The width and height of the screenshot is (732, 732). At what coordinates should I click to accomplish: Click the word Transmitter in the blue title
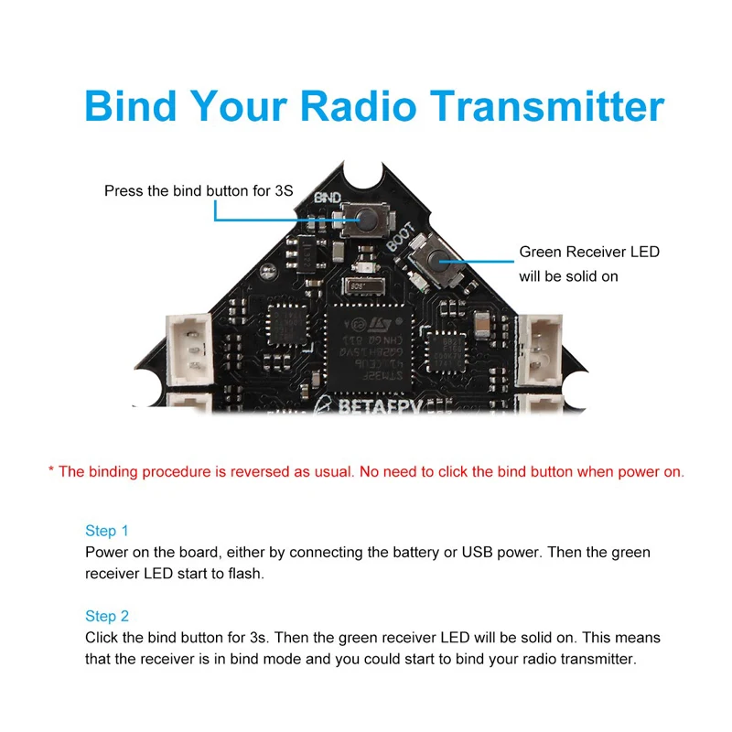point(546,106)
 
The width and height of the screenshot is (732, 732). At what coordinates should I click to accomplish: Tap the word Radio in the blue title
point(358,106)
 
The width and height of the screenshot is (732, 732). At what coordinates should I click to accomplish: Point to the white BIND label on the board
point(328,198)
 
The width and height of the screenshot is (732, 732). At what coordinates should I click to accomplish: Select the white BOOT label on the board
point(401,236)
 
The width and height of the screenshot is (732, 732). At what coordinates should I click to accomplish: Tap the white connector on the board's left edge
point(189,350)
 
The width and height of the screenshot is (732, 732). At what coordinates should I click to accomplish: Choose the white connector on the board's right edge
point(539,350)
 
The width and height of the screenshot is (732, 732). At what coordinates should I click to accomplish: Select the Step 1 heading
point(106,531)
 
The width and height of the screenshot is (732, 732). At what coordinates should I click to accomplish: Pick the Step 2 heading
point(106,616)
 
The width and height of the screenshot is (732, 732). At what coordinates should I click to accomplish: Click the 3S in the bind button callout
point(284,191)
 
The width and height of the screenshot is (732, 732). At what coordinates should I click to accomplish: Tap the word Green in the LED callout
point(540,253)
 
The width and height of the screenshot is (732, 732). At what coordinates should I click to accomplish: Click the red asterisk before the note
point(51,468)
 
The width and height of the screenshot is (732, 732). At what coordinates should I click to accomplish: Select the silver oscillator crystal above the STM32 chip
point(364,285)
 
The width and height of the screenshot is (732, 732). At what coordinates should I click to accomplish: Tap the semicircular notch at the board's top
point(363,175)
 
